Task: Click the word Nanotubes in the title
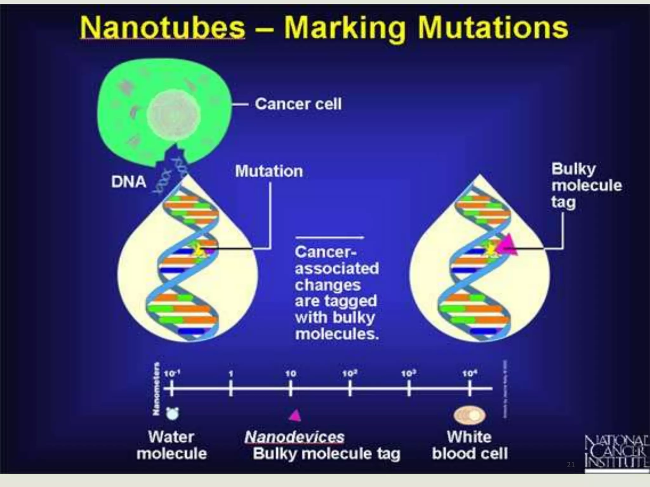coord(162,28)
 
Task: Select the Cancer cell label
coord(298,104)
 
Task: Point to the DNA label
coord(129,182)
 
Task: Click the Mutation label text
coord(269,171)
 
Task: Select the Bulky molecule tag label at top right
coord(586,185)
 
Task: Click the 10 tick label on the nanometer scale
coord(290,374)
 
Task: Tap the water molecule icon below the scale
coord(173,413)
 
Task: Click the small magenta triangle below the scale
coord(295,415)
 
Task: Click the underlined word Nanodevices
coord(295,437)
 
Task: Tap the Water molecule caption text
coord(172,445)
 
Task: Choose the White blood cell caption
coord(470,445)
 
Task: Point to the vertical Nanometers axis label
coord(156,389)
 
